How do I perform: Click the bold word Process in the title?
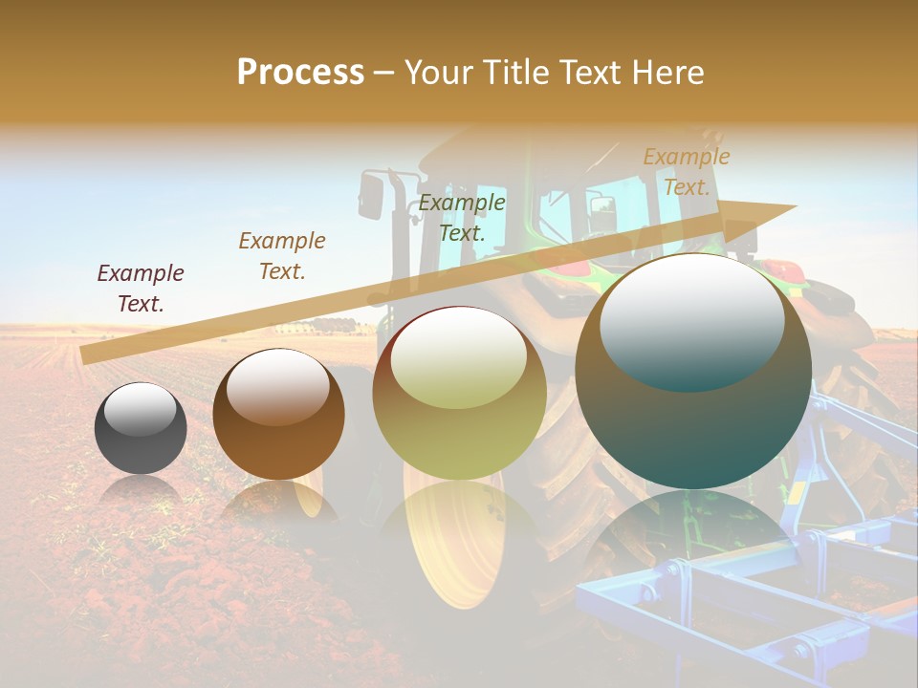[x=300, y=73]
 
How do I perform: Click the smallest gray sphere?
[x=141, y=429]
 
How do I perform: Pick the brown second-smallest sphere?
[x=278, y=415]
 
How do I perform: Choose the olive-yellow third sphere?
[x=459, y=394]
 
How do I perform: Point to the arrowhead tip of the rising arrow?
[x=795, y=206]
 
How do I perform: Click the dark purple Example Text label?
[x=141, y=289]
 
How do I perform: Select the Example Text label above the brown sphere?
[x=282, y=256]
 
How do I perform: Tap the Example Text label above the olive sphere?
[x=462, y=218]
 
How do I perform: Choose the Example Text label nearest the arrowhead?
[x=686, y=172]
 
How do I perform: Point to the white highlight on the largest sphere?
[x=691, y=320]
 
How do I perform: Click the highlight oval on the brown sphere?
[x=277, y=386]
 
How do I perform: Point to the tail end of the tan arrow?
[x=84, y=355]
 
